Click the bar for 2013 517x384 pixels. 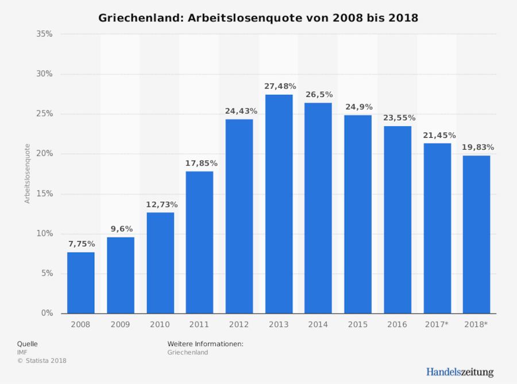pyautogui.click(x=279, y=204)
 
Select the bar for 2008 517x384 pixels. pyautogui.click(x=80, y=282)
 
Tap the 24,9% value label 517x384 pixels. pyautogui.click(x=359, y=107)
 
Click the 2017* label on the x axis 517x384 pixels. pyautogui.click(x=437, y=325)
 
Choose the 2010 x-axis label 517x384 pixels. pyautogui.click(x=160, y=325)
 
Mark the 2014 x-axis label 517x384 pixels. pyautogui.click(x=318, y=325)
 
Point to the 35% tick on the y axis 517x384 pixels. pyautogui.click(x=44, y=34)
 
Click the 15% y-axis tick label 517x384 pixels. pyautogui.click(x=44, y=194)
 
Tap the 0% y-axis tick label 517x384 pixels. pyautogui.click(x=47, y=313)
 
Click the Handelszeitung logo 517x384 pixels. pyautogui.click(x=460, y=372)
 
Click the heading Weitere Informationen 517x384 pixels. pyautogui.click(x=205, y=344)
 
